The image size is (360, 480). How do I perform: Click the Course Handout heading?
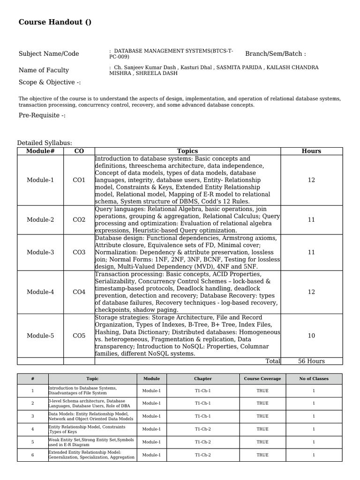55,22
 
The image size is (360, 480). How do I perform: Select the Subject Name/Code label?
49,54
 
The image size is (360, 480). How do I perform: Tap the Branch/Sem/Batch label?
275,54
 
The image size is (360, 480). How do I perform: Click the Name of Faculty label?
44,70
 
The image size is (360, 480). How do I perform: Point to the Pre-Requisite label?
42,115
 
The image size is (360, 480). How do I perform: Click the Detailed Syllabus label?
45,143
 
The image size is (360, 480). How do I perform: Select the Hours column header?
311,151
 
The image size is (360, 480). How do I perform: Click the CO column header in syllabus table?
79,151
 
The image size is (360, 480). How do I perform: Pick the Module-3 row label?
40,252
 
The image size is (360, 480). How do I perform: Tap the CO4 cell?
79,292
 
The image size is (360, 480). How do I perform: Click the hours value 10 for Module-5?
311,336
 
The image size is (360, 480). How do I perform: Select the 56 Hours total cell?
311,361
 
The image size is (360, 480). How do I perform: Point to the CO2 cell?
79,220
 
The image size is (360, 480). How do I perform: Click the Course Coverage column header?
262,379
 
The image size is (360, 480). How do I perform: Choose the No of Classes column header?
314,379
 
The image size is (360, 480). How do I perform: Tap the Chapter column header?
203,379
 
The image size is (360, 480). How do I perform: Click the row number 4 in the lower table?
33,429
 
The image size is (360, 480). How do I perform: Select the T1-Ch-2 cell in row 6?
203,455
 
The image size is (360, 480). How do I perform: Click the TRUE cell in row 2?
262,403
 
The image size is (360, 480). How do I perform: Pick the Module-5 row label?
40,336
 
